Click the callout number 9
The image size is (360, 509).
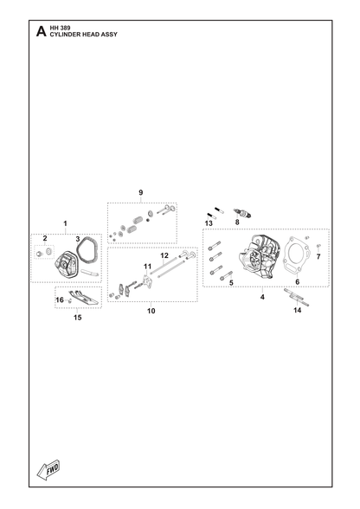tap(140, 192)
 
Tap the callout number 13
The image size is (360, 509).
tap(209, 223)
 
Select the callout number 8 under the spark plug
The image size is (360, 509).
tap(237, 222)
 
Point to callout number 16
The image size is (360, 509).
tap(60, 300)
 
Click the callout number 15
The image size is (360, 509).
tap(77, 318)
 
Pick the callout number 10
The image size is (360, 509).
tap(151, 311)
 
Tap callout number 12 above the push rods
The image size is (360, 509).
tap(164, 255)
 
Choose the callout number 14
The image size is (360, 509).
tap(298, 310)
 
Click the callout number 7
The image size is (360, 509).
tap(318, 257)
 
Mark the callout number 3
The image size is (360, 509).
tap(78, 240)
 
